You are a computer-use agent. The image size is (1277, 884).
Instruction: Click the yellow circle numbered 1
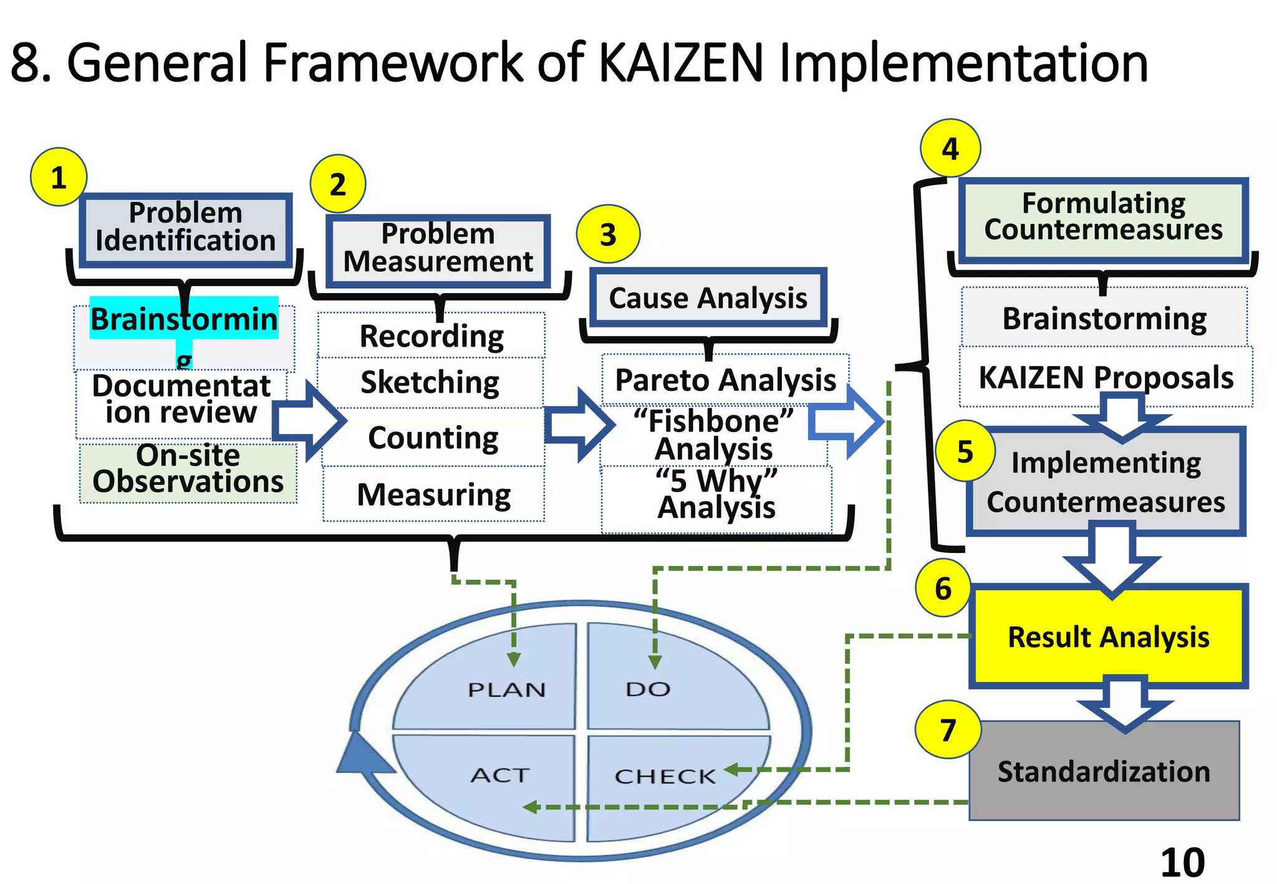58,178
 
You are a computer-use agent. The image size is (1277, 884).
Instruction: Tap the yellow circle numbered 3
608,234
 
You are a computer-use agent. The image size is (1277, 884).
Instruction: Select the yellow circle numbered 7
947,729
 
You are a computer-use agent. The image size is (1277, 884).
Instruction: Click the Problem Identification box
186,228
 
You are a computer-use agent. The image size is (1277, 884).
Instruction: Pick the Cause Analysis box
708,298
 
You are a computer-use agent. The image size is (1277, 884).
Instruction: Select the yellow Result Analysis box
1108,637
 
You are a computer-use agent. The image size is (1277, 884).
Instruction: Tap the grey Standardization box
1104,772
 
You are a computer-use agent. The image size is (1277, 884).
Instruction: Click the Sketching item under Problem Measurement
430,382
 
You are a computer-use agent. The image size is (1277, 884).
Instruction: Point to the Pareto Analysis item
725,380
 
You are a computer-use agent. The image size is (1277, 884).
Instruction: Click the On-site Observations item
188,469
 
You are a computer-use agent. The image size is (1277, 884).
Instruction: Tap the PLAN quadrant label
506,690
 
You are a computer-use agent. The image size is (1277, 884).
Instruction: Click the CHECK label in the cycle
665,777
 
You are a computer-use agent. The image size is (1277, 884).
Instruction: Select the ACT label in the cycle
499,776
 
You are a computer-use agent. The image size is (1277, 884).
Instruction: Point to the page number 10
1182,863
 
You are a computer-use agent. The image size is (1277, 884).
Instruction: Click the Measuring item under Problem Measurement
433,495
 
